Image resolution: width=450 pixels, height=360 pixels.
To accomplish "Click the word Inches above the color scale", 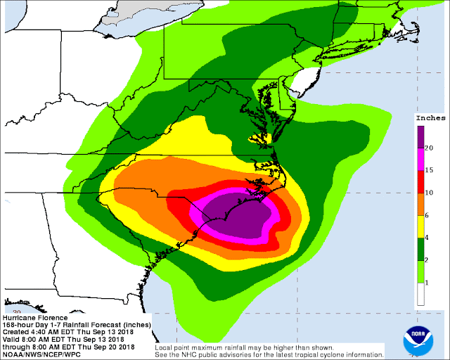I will click(x=428, y=117).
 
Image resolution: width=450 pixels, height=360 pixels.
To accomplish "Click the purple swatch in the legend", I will click(x=420, y=136).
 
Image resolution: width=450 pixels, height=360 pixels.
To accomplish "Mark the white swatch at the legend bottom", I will click(x=420, y=294).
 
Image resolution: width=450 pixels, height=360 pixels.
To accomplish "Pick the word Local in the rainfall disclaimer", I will click(x=166, y=345).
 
